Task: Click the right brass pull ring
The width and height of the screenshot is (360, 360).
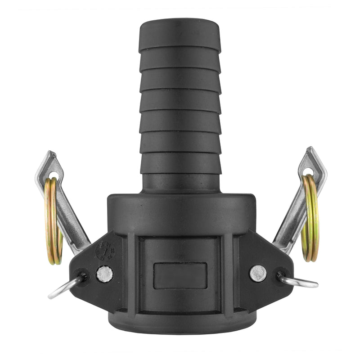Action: tap(310, 218)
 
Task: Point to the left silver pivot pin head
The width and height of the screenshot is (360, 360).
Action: tap(104, 274)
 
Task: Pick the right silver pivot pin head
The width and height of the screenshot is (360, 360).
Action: tap(258, 273)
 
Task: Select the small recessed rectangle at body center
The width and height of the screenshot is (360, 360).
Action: tap(180, 276)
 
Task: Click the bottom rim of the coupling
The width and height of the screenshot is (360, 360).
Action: tap(180, 331)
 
